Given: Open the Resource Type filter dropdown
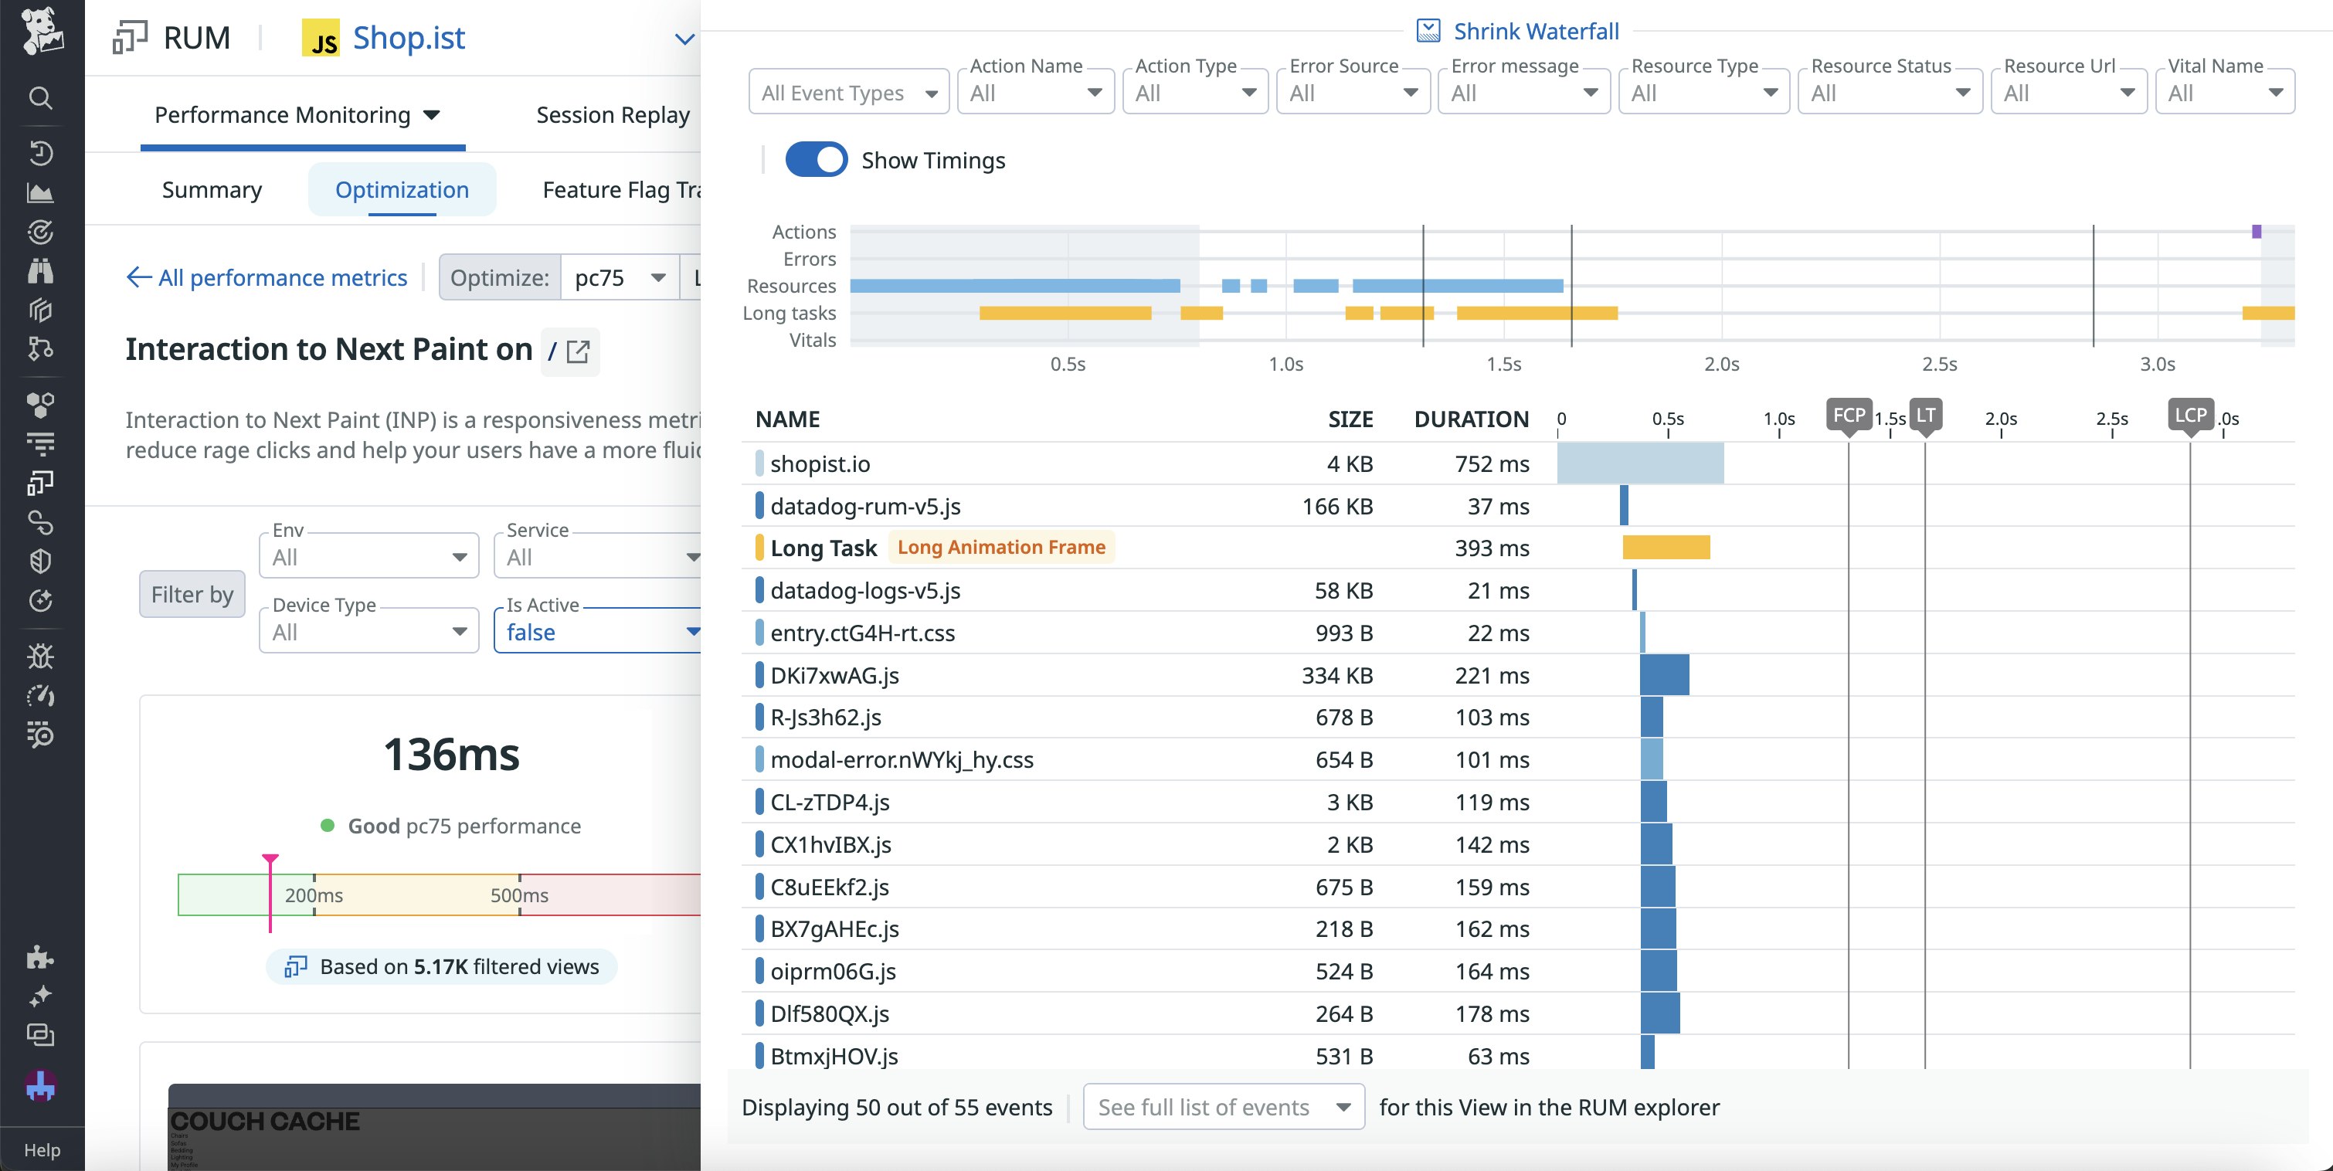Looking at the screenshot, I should tap(1703, 93).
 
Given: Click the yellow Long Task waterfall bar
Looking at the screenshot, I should tap(1666, 547).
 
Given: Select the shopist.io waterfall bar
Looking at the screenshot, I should tap(1639, 463).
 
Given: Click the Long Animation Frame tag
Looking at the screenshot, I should tap(1000, 547).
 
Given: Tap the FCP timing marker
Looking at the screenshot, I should tap(1848, 415).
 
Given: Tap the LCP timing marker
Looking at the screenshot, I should tap(2190, 415).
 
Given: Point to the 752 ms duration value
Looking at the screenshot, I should tap(1492, 463).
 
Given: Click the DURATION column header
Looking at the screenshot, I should tap(1471, 419).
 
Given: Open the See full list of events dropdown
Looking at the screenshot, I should tap(1223, 1107).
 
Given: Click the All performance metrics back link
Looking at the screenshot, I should tap(267, 277).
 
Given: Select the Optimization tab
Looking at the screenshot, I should tap(402, 189).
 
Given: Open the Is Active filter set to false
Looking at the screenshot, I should tap(598, 631).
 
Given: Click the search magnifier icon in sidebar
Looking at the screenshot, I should tap(41, 97).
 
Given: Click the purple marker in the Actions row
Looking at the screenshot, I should tap(2256, 232).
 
